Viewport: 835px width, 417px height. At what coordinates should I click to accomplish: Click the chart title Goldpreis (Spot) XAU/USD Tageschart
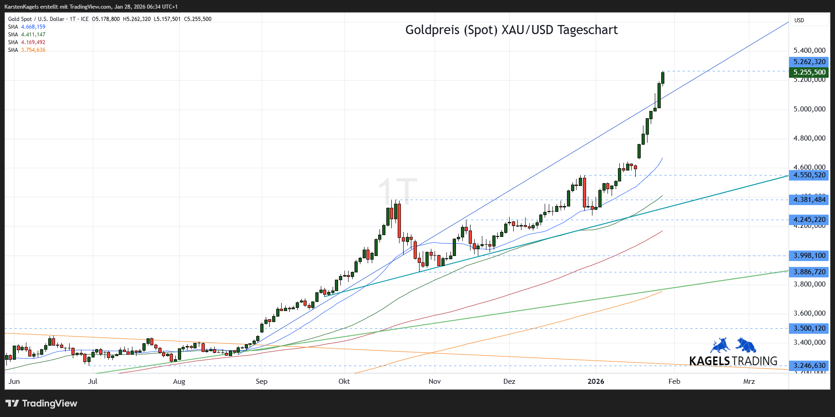pos(511,30)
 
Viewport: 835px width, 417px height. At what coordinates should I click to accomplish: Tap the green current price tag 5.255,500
pos(809,72)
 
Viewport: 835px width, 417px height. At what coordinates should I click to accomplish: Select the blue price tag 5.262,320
pos(809,62)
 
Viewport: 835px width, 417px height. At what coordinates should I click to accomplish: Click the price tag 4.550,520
pos(809,175)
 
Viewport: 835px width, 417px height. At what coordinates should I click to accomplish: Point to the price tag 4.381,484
pos(809,200)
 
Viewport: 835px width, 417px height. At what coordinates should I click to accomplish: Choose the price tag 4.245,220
pos(809,220)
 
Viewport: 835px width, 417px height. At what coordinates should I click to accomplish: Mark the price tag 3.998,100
pos(809,256)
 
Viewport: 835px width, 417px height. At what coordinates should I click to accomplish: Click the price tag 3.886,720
pos(809,272)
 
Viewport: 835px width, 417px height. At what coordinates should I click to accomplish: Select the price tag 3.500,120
pos(809,328)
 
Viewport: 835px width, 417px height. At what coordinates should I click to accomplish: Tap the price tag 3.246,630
pos(809,366)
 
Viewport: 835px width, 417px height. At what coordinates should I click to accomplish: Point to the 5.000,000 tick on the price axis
pos(809,109)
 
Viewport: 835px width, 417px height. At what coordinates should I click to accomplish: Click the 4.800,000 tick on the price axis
pos(809,138)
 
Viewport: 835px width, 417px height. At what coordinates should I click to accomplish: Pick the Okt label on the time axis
pos(344,382)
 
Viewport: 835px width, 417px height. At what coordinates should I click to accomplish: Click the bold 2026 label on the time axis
pos(596,382)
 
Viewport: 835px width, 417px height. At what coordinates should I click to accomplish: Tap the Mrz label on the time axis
pos(749,382)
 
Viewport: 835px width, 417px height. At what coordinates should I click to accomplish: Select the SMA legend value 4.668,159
pos(33,27)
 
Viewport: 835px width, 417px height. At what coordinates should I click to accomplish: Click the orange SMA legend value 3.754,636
pos(33,50)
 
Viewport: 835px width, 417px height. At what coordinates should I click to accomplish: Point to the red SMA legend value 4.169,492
pos(33,42)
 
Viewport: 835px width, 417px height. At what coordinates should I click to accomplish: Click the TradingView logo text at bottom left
pos(42,403)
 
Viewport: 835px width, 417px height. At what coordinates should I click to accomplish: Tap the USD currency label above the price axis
pos(799,20)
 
